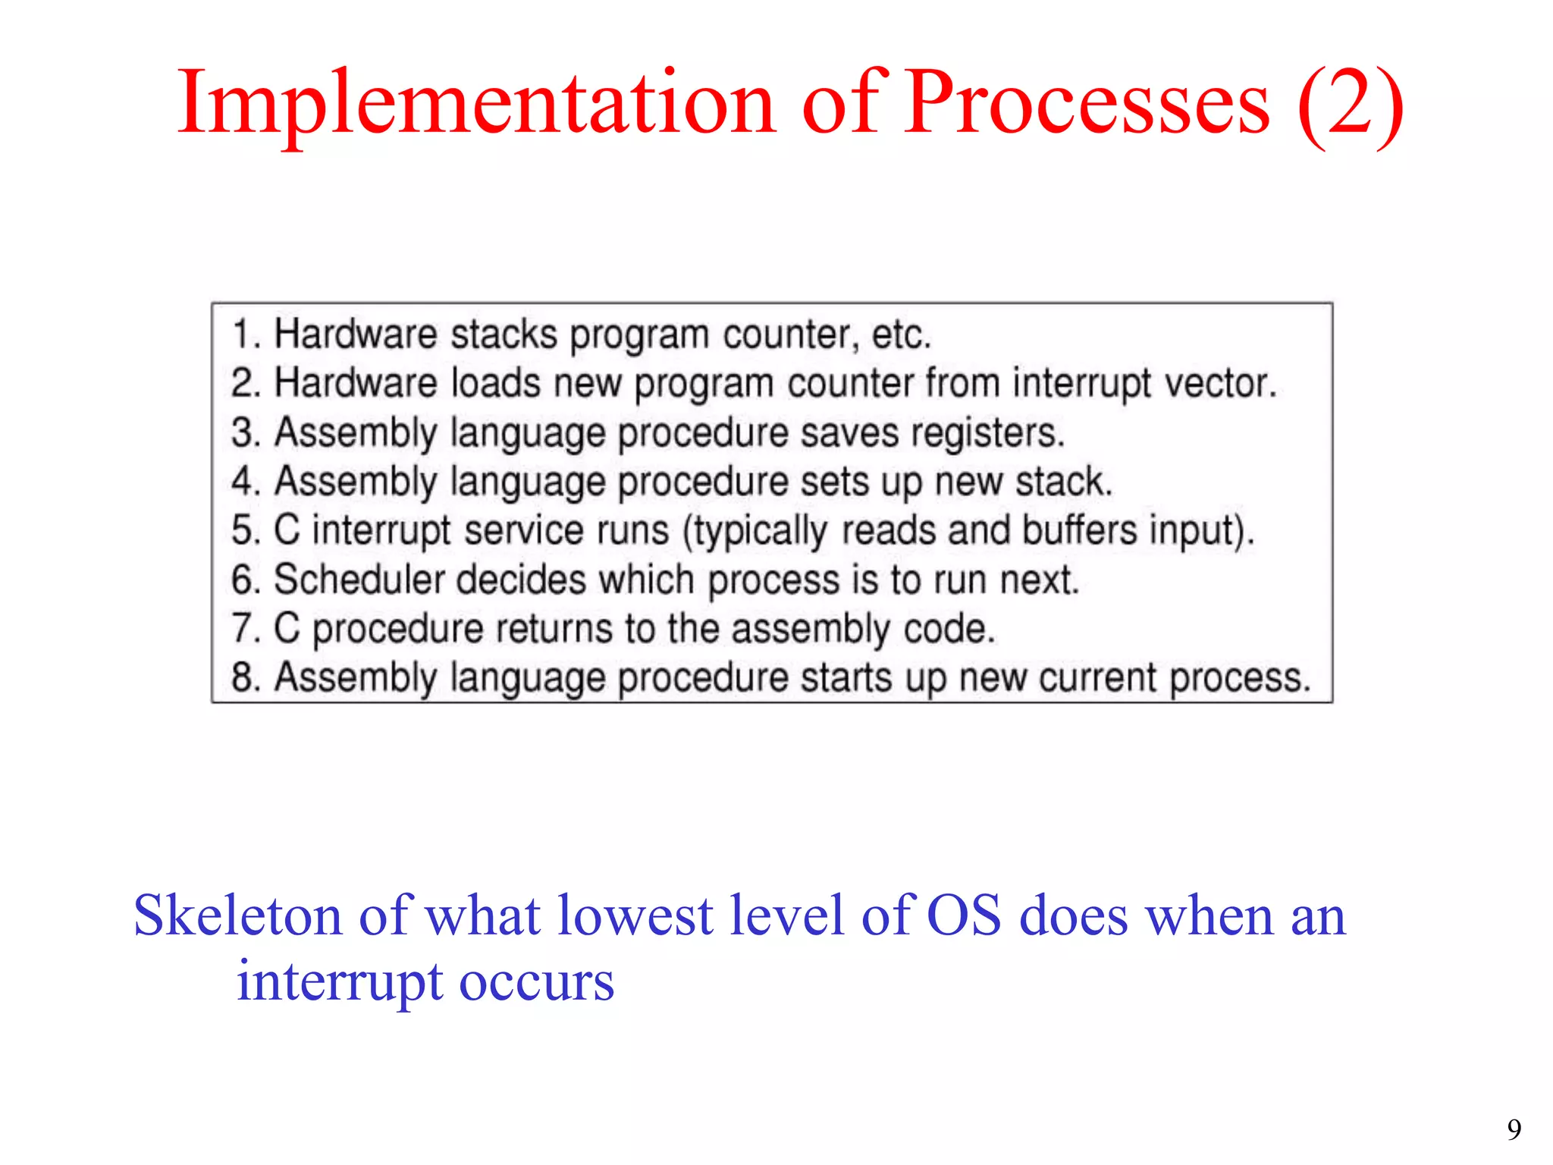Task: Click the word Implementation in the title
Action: [476, 102]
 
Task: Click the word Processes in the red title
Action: [1086, 102]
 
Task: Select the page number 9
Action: [1514, 1130]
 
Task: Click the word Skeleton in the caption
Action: [237, 915]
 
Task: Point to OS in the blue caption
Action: [964, 915]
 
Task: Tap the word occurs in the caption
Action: [536, 982]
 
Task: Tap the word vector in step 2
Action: [1219, 384]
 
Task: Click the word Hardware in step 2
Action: [355, 384]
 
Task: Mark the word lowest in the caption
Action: [635, 915]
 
